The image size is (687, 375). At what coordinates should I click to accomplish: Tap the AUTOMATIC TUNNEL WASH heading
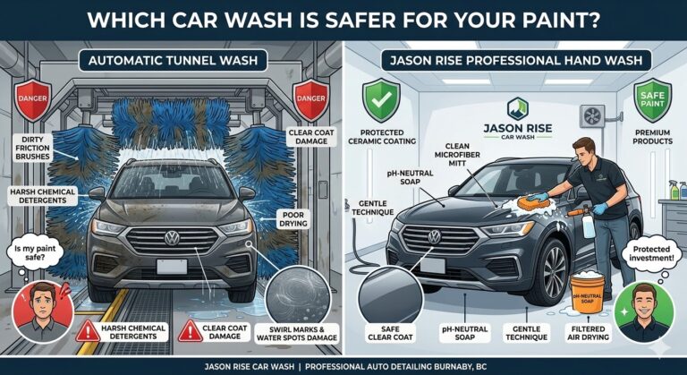tap(173, 60)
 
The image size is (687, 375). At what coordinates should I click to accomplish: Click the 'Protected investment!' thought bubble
tap(651, 253)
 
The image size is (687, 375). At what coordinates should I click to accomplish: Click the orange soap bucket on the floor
tap(587, 293)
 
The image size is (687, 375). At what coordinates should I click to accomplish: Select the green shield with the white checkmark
tap(381, 99)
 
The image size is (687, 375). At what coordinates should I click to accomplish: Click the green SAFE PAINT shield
tap(653, 99)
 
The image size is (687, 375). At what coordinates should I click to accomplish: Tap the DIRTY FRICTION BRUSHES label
tap(33, 148)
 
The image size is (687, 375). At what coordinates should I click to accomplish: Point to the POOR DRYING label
tap(293, 219)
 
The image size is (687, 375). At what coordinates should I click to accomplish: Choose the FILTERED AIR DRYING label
tap(588, 332)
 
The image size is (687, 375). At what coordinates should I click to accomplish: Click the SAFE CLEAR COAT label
tap(390, 333)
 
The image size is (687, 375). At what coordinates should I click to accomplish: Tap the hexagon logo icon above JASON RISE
tap(517, 109)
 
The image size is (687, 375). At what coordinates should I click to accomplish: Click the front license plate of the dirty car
tap(172, 266)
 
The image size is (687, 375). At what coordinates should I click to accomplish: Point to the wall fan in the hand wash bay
tap(592, 115)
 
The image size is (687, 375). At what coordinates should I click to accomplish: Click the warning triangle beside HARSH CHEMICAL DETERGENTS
tap(88, 331)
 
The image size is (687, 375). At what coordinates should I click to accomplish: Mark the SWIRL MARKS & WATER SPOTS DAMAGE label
tap(297, 333)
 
